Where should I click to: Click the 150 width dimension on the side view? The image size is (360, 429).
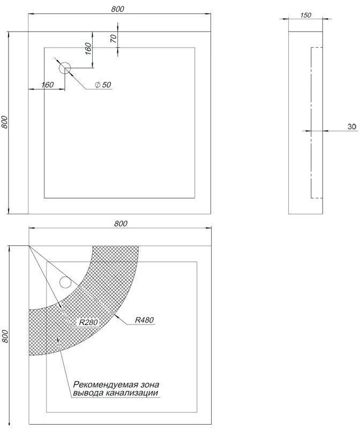[305, 15]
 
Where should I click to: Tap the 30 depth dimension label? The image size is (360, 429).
[352, 126]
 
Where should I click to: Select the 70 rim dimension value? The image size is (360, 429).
[114, 39]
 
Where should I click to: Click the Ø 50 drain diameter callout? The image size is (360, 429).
[103, 85]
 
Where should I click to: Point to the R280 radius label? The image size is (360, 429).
[88, 322]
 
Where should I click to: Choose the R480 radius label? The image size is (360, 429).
[144, 320]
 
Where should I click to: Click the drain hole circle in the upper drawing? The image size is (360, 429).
[65, 68]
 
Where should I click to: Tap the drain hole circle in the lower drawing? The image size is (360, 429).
[65, 282]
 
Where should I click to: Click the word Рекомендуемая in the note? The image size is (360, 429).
[105, 385]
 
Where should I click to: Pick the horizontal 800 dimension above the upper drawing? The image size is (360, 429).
[118, 9]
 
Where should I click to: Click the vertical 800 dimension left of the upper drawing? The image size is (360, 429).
[4, 122]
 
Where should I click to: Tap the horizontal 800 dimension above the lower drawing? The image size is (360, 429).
[121, 223]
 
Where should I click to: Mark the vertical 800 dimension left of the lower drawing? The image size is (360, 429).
[5, 336]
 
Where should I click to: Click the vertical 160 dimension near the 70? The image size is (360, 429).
[88, 49]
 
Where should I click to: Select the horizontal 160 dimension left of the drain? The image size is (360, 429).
[47, 85]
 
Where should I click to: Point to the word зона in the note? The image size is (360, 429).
[150, 385]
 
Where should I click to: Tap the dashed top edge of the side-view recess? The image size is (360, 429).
[317, 48]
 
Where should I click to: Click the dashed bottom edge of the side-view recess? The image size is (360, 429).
[317, 198]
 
